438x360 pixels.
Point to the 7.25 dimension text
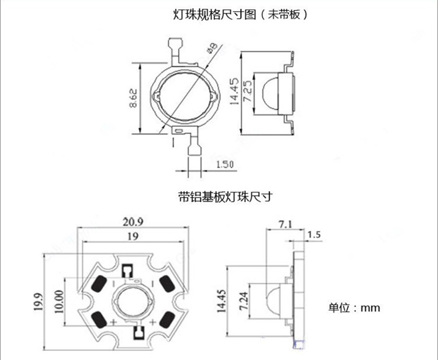247,92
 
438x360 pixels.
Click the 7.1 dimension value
286,223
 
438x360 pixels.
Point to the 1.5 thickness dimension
314,235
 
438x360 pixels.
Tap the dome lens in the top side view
267,92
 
